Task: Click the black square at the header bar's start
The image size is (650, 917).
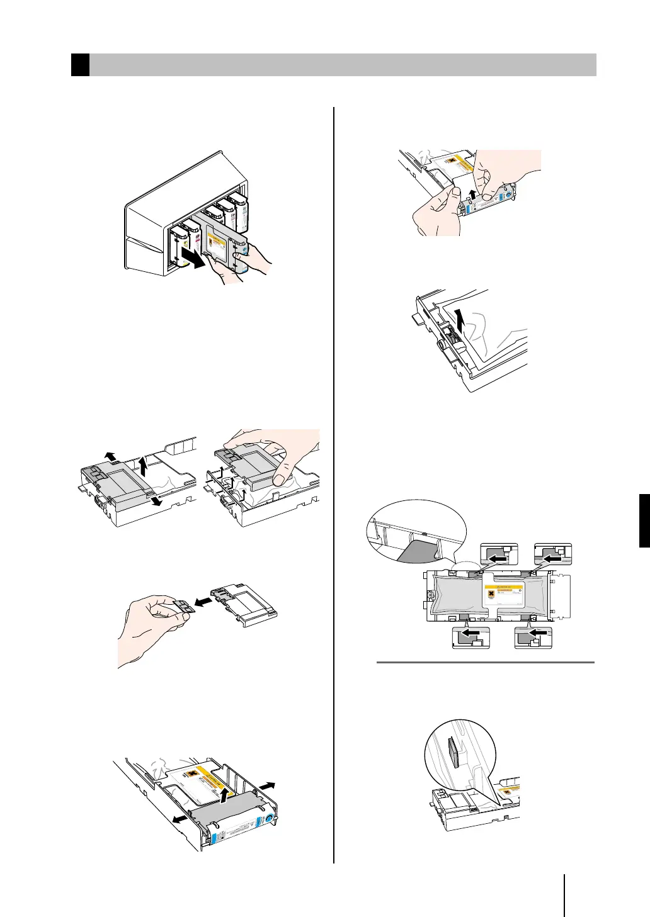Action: pos(80,65)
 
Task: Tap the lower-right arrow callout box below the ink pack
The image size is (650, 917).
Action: pos(533,636)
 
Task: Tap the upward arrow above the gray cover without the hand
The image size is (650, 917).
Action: pos(144,467)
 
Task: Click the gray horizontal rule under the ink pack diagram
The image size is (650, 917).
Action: pos(485,662)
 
